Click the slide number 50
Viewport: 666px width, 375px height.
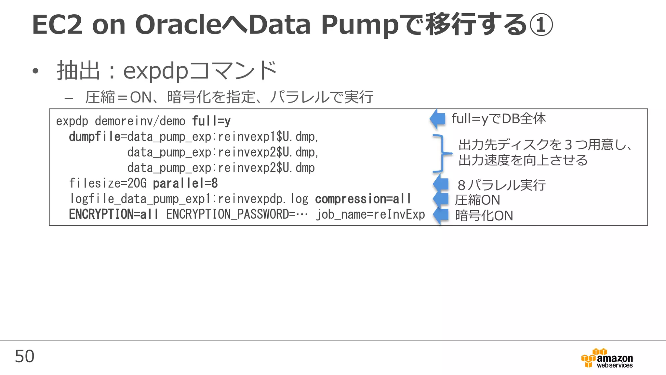pos(24,356)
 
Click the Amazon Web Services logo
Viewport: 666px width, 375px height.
pos(607,358)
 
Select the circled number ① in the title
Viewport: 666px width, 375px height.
pos(541,25)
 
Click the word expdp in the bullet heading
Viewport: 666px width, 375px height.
pos(156,71)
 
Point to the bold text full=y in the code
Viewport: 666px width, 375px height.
pos(211,121)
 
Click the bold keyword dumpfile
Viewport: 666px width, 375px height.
pos(95,137)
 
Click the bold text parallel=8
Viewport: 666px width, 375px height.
pos(185,184)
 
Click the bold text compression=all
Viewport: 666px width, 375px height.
pos(363,199)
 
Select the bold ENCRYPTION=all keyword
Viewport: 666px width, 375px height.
pos(113,215)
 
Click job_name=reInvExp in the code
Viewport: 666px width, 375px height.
pos(371,215)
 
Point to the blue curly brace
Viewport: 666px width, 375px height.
pos(441,153)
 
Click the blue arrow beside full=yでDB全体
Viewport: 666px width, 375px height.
pos(438,119)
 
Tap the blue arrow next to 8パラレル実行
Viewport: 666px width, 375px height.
pos(441,184)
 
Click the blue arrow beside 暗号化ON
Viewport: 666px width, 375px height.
pos(441,215)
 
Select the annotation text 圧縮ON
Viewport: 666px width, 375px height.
pos(477,200)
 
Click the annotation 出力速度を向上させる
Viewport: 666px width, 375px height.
pos(523,160)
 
